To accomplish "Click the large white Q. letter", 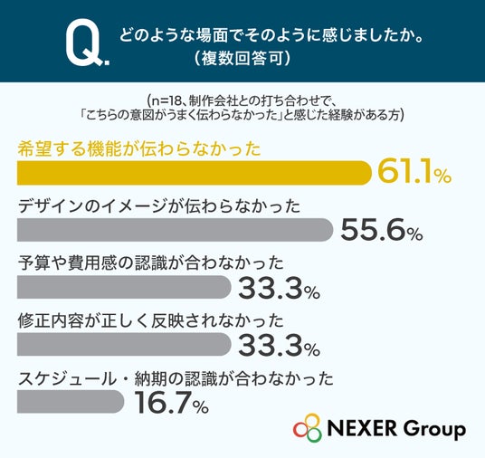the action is pos(87,43).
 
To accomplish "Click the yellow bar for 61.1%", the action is pos(195,173).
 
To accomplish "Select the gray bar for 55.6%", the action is pos(175,230).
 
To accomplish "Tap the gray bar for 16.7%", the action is pos(71,401).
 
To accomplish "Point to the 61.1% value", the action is pos(414,172).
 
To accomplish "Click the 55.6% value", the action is pos(381,230).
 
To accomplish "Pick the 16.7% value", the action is pos(171,402).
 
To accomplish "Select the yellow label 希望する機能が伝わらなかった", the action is pos(139,149).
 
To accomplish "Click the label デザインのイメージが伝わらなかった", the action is pos(159,206).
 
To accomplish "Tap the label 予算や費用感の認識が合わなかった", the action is pos(150,263).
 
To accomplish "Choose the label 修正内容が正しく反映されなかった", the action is pos(150,320).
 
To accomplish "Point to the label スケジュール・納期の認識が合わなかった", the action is pos(176,378).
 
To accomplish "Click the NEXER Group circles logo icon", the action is pos(308,428).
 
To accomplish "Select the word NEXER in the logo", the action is pos(362,428).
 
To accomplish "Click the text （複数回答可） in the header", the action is pos(242,58).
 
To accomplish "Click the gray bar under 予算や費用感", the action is pos(124,287).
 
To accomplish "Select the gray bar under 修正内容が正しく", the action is pos(124,344).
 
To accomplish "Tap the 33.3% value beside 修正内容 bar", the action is pos(279,345).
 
